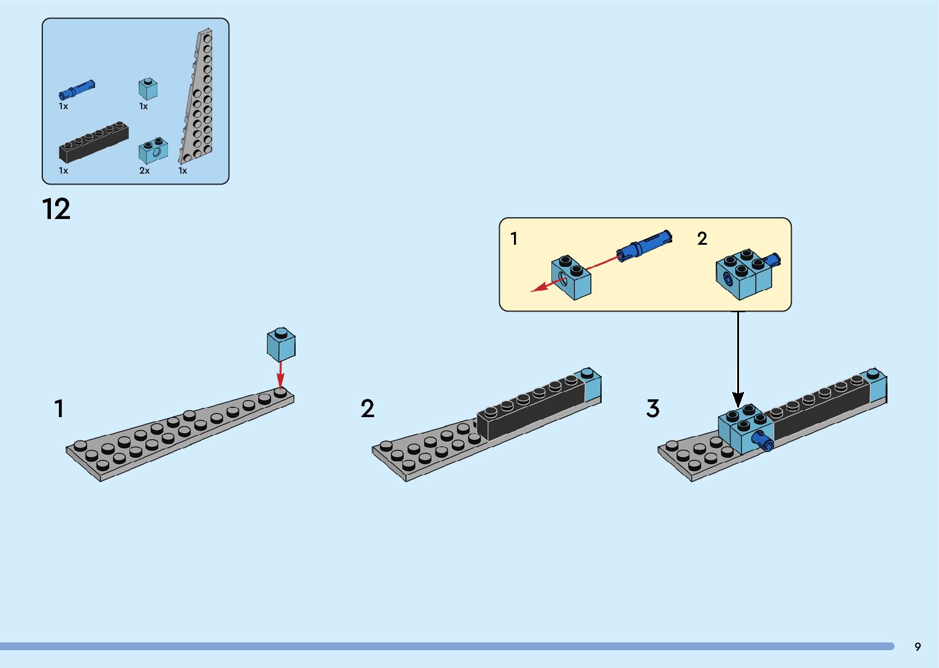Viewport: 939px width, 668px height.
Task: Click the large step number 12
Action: tap(56, 209)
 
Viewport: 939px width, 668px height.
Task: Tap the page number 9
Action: tap(918, 647)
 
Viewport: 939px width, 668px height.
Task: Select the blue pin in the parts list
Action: tap(77, 90)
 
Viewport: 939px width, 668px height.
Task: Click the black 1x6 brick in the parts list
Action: tap(93, 142)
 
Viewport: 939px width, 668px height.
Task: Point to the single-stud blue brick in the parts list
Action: tap(148, 89)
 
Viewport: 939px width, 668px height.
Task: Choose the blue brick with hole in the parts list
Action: tap(153, 150)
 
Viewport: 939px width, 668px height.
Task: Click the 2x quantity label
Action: tap(144, 171)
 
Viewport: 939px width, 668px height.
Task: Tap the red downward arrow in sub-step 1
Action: tap(280, 374)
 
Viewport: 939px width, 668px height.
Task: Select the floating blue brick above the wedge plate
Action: tap(281, 344)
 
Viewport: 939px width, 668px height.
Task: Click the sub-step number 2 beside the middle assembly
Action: tap(367, 409)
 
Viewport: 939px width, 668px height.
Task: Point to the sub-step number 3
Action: tap(653, 409)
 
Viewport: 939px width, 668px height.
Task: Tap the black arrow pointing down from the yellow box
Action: tap(738, 359)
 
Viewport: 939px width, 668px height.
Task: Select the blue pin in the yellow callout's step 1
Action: tap(644, 246)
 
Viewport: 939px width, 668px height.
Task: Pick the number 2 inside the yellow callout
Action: tap(702, 239)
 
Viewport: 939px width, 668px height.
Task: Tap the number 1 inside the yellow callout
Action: tap(514, 239)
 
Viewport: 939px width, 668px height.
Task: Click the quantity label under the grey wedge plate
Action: tap(183, 171)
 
